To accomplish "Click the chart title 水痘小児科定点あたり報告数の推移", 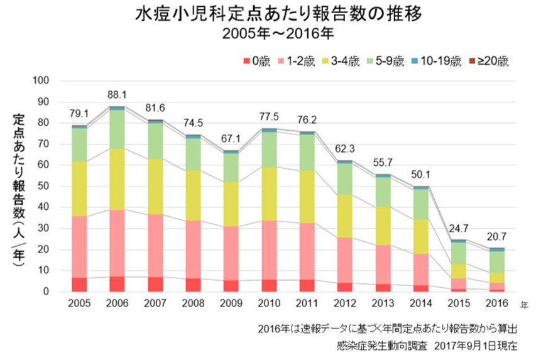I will pos(278,15).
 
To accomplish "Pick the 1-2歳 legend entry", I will pos(300,62).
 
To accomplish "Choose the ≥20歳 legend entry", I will pos(488,62).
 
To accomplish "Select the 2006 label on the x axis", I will pos(117,304).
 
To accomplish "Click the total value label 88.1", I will pos(118,95).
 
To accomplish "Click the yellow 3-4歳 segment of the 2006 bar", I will pos(117,179).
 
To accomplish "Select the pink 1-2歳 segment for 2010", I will pos(268,250).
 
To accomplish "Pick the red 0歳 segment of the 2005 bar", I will pos(80,285).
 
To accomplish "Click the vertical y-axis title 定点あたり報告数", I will pos(19,188).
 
